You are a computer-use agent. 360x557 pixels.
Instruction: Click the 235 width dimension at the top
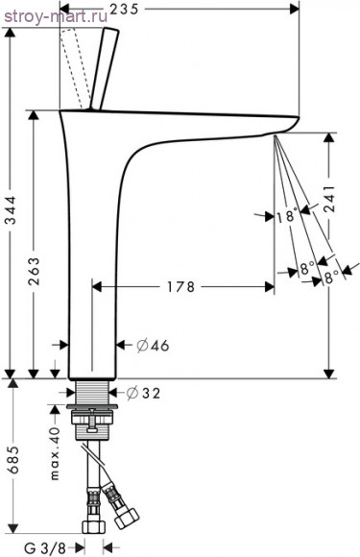(123, 9)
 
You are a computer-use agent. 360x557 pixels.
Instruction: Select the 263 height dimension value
(35, 272)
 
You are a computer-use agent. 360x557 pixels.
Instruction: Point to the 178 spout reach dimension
(181, 287)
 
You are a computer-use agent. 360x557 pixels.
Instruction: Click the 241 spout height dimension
(330, 199)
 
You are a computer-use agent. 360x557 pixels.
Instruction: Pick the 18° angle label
(286, 216)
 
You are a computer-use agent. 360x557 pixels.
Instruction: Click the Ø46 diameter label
(153, 346)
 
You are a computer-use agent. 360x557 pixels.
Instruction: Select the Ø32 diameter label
(144, 393)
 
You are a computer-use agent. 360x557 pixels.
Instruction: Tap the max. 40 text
(55, 453)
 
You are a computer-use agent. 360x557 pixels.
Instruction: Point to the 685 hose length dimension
(13, 459)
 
